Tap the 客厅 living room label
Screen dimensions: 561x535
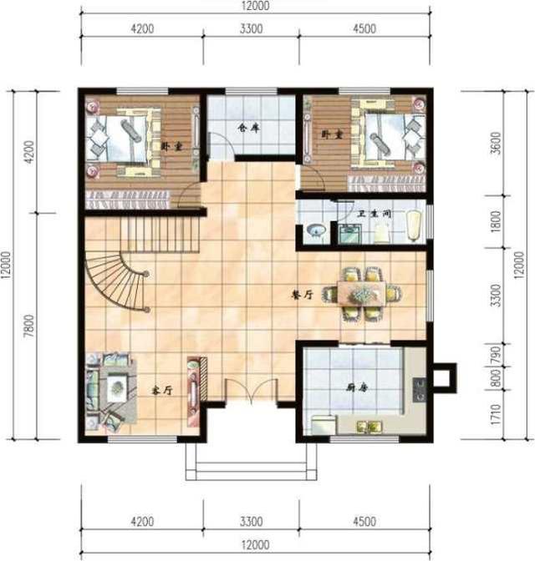click(160, 390)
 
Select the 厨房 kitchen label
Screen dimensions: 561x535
click(358, 388)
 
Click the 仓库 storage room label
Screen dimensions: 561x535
click(244, 129)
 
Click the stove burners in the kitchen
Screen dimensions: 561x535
click(420, 388)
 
